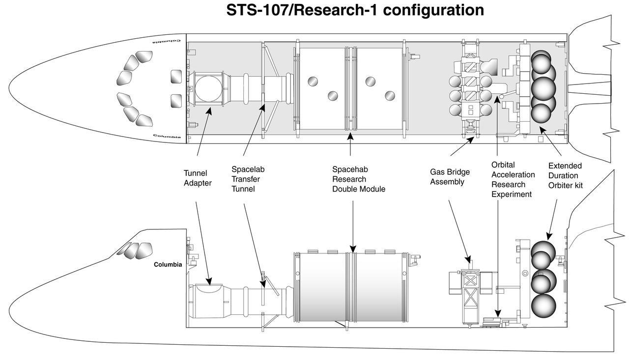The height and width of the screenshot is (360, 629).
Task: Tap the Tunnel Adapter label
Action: point(196,178)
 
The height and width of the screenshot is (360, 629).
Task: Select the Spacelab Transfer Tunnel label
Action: point(248,179)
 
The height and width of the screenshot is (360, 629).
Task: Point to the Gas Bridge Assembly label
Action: point(450,177)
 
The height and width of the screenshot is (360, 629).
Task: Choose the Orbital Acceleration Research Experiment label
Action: point(513,179)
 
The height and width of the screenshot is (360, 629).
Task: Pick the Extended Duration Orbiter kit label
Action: point(565,175)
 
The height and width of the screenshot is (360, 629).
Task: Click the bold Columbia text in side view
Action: point(168,265)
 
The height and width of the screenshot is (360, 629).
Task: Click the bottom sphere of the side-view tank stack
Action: point(543,305)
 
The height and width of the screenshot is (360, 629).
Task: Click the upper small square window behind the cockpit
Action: point(176,77)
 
